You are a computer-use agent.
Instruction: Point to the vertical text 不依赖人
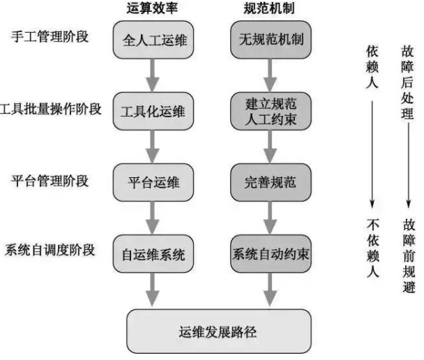tap(373, 248)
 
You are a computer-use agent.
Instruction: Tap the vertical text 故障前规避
tap(409, 255)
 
